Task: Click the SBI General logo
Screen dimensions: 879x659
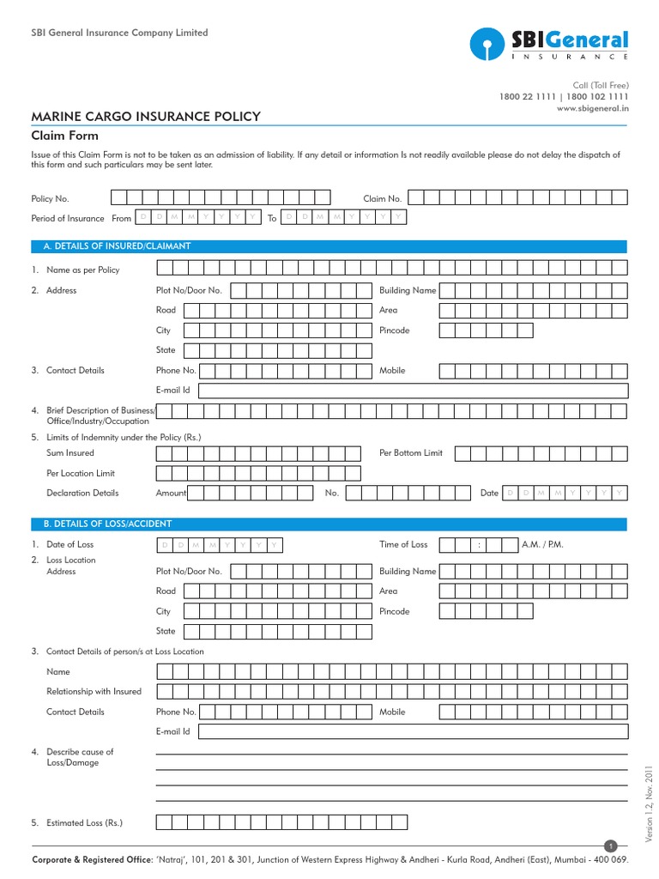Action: pos(548,44)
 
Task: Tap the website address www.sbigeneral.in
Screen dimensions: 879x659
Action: pos(591,109)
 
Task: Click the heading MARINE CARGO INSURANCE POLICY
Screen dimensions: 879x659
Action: pos(146,117)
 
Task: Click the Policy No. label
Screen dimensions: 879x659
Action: pos(50,198)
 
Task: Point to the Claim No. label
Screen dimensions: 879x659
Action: pos(382,198)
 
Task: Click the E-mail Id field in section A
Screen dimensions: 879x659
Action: pos(413,391)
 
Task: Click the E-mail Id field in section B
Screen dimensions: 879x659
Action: pos(413,731)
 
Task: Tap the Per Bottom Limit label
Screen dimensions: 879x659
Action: pos(411,452)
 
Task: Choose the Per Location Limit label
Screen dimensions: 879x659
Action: pos(81,473)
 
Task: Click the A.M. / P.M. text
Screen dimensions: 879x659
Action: pos(542,544)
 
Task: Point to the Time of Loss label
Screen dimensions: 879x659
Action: pos(403,544)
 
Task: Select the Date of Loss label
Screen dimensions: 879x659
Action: pos(70,544)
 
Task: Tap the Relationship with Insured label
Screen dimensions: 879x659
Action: pos(94,691)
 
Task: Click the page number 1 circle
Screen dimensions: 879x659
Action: pos(611,846)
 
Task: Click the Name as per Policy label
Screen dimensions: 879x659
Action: pos(83,270)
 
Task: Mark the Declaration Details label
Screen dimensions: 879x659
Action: pos(82,493)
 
